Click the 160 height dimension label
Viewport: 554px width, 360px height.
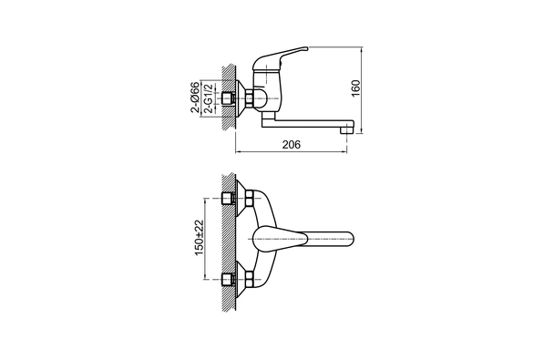click(355, 88)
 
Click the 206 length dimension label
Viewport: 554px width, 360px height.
click(292, 144)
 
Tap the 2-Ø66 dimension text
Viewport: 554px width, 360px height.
click(195, 98)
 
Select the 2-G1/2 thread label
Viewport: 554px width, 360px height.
click(210, 98)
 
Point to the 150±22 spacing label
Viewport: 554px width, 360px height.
click(200, 238)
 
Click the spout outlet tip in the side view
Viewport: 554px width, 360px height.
click(346, 130)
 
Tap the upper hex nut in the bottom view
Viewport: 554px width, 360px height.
click(249, 199)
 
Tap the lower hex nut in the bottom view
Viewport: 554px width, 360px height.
click(249, 279)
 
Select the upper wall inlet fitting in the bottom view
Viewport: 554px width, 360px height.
click(228, 199)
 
